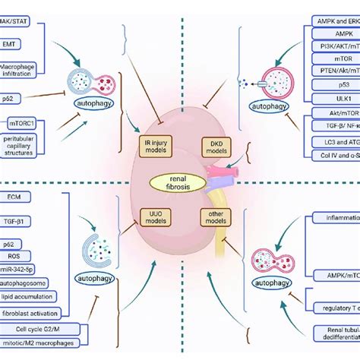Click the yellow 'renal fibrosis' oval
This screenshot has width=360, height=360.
click(x=180, y=182)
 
